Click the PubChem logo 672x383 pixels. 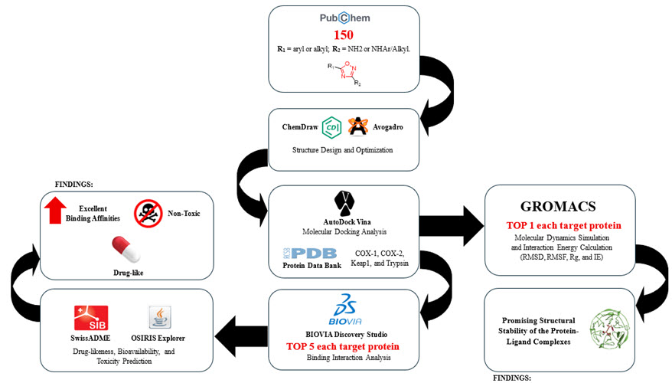[344, 17]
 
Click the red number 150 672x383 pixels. [344, 35]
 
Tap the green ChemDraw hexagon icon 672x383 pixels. [331, 126]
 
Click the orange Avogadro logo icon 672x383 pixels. [358, 126]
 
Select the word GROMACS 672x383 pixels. [563, 206]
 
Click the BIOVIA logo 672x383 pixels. [344, 309]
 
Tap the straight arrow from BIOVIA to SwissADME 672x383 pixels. [238, 331]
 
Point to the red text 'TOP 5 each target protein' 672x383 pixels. [344, 346]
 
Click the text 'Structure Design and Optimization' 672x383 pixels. [344, 149]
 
